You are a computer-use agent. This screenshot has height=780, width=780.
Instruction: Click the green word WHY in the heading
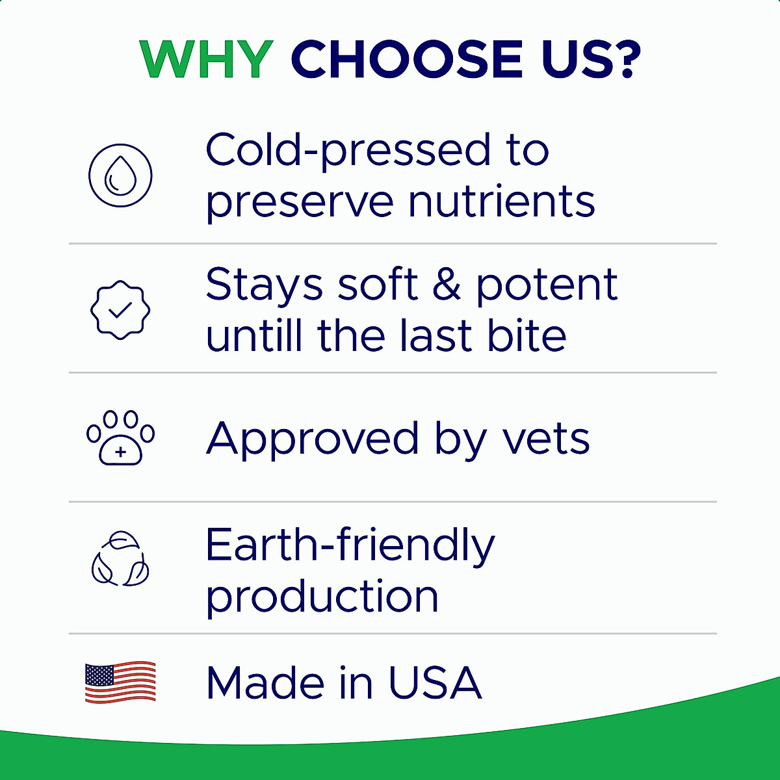click(x=207, y=60)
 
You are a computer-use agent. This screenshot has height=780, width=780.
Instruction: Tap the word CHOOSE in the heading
click(x=407, y=60)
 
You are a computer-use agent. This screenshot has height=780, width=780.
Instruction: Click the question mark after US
click(x=627, y=59)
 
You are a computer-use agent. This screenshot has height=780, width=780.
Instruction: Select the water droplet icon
click(x=120, y=175)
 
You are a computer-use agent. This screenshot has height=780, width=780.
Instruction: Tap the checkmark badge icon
click(x=120, y=309)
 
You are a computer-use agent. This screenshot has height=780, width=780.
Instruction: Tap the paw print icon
click(x=120, y=437)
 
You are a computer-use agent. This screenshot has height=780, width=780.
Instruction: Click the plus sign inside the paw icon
click(x=120, y=452)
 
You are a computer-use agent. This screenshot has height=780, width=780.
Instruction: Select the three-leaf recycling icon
click(x=120, y=558)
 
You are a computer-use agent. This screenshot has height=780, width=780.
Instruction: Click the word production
click(x=322, y=597)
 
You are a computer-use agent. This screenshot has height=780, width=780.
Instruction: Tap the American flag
click(x=120, y=683)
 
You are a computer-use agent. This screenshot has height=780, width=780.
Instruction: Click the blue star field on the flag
click(x=99, y=674)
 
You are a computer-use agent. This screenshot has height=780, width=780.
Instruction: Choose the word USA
click(x=435, y=683)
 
